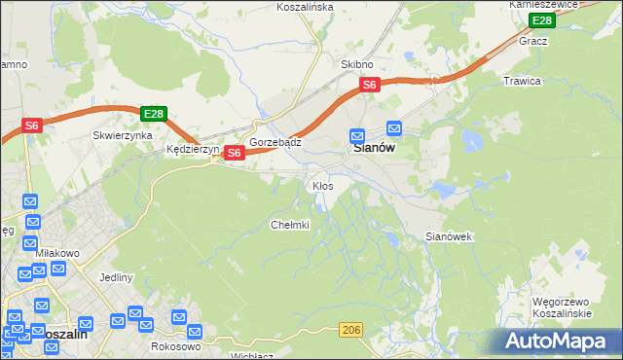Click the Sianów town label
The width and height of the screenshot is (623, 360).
click(x=372, y=150)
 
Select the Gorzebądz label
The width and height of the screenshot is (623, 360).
click(x=275, y=142)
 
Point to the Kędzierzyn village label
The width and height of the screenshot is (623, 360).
click(x=193, y=151)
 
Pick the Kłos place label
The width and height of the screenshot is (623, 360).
click(x=322, y=186)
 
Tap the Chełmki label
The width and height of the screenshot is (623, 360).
click(x=289, y=226)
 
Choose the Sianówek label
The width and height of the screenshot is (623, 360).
click(x=449, y=236)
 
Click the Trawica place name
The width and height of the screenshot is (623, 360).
click(x=521, y=81)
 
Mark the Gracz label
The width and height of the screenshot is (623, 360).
click(x=533, y=42)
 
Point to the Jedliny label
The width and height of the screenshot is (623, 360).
click(x=115, y=277)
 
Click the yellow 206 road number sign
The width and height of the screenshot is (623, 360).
click(x=352, y=332)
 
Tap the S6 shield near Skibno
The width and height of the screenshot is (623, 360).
click(x=369, y=86)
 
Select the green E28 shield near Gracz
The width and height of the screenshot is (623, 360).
click(x=542, y=20)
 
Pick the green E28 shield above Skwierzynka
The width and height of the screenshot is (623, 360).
click(x=154, y=114)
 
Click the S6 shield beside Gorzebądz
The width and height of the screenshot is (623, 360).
click(x=234, y=153)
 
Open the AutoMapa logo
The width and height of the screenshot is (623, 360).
click(x=558, y=342)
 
